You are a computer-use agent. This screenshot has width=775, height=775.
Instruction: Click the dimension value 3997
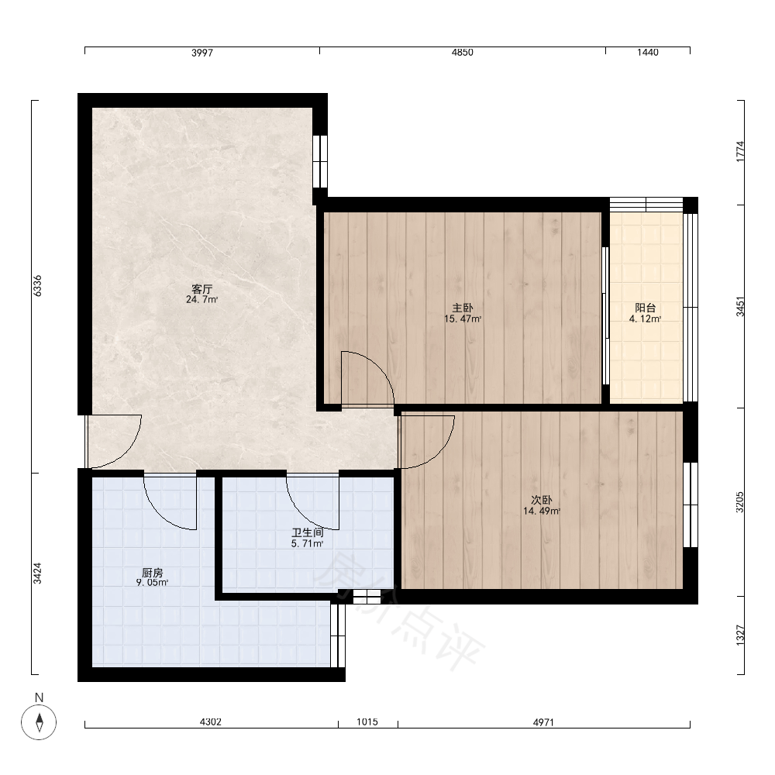tap(202, 53)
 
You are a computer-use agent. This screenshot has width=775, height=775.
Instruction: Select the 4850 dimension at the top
tap(462, 53)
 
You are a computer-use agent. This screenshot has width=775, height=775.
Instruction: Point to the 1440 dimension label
tap(647, 53)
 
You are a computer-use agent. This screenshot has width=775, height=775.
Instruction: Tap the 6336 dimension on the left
tap(37, 286)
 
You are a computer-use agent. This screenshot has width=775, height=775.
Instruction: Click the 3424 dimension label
tap(37, 573)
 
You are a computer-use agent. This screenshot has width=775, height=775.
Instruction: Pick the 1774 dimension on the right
tap(740, 151)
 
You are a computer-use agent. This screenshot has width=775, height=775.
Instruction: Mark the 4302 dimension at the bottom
tap(211, 722)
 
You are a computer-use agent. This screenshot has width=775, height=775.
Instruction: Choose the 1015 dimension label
tap(367, 722)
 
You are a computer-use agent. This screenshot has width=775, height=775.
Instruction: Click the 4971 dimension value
tap(543, 722)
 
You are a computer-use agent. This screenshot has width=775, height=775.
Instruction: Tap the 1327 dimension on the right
tap(740, 635)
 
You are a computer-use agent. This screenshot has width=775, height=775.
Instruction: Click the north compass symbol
tap(39, 722)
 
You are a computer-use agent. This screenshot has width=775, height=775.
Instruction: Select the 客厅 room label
tap(201, 288)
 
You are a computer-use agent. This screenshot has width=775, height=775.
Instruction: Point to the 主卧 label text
tap(463, 308)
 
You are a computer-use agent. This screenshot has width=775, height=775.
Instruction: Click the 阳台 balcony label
tap(645, 308)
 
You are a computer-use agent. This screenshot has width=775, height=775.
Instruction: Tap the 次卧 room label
tap(542, 500)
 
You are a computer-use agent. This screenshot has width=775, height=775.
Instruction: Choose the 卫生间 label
tap(308, 533)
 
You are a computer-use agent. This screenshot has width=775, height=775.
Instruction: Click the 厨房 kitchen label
tap(152, 573)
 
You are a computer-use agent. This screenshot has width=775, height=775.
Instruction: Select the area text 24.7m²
tap(201, 299)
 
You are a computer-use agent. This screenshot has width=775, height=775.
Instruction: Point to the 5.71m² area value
tap(308, 544)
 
